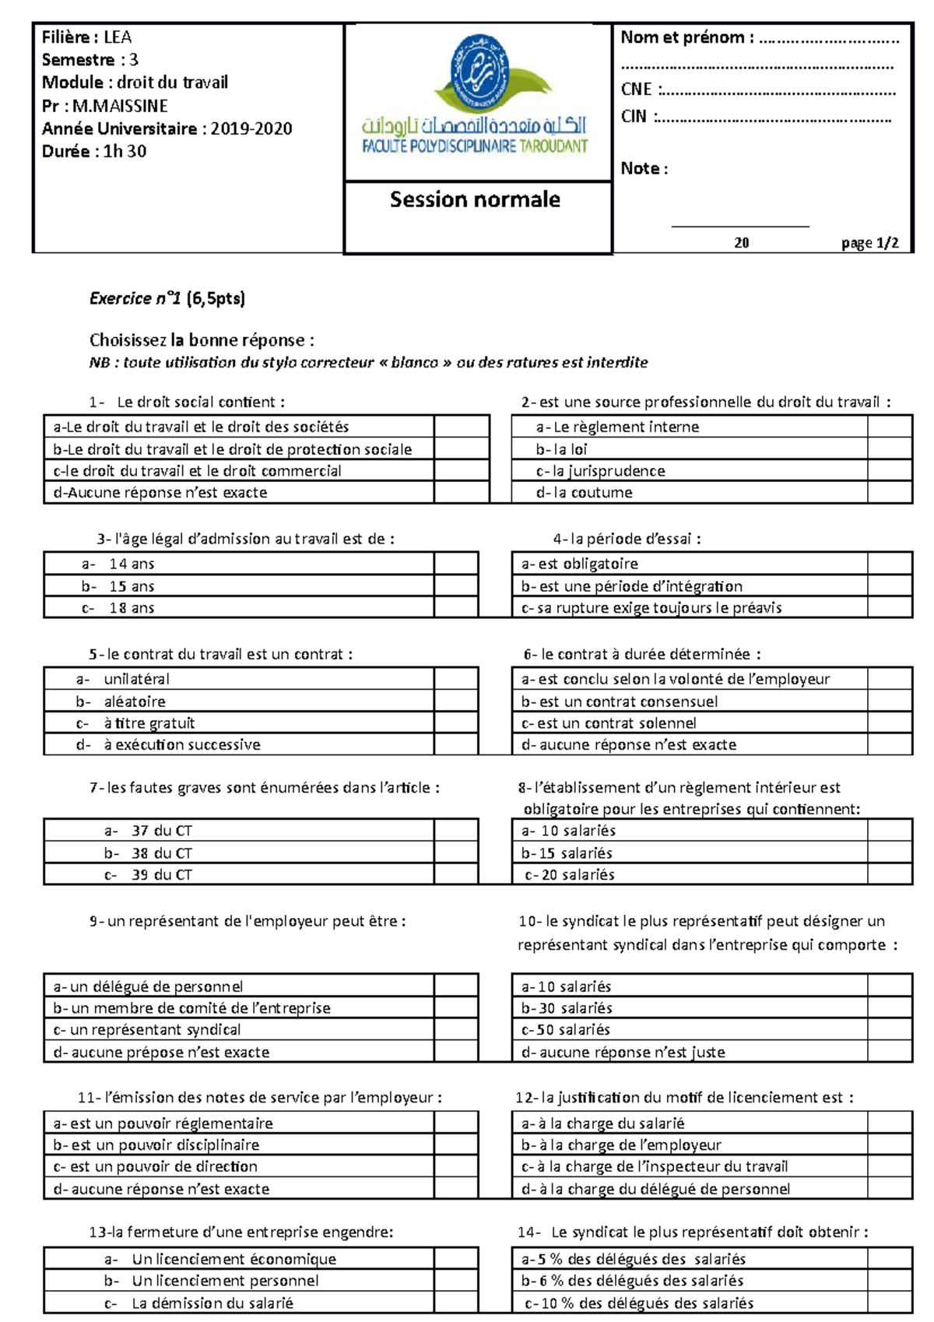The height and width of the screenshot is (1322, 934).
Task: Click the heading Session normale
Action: coord(475,200)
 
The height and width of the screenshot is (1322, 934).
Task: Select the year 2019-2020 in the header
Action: coord(251,128)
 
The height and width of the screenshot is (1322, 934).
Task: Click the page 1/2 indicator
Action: coord(869,243)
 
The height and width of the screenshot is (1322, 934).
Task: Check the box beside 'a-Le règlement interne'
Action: coord(889,427)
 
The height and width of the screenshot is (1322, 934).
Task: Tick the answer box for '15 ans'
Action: coord(455,585)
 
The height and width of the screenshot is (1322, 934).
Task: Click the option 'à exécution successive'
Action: coord(182,744)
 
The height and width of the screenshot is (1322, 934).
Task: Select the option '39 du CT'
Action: coord(161,874)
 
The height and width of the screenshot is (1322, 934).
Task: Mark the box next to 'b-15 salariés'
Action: coord(889,853)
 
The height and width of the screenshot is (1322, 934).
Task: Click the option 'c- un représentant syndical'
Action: coord(147,1029)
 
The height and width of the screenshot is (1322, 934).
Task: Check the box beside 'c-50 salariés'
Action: coord(889,1029)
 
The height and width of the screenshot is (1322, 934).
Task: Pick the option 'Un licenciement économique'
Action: coord(233,1259)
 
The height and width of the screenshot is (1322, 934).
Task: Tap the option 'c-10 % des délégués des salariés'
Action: coord(638,1303)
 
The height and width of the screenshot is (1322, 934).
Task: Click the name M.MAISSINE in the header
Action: coord(120,106)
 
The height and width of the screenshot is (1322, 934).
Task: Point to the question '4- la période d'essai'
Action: coord(627,539)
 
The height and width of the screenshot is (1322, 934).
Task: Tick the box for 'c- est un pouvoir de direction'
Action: coord(455,1166)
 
